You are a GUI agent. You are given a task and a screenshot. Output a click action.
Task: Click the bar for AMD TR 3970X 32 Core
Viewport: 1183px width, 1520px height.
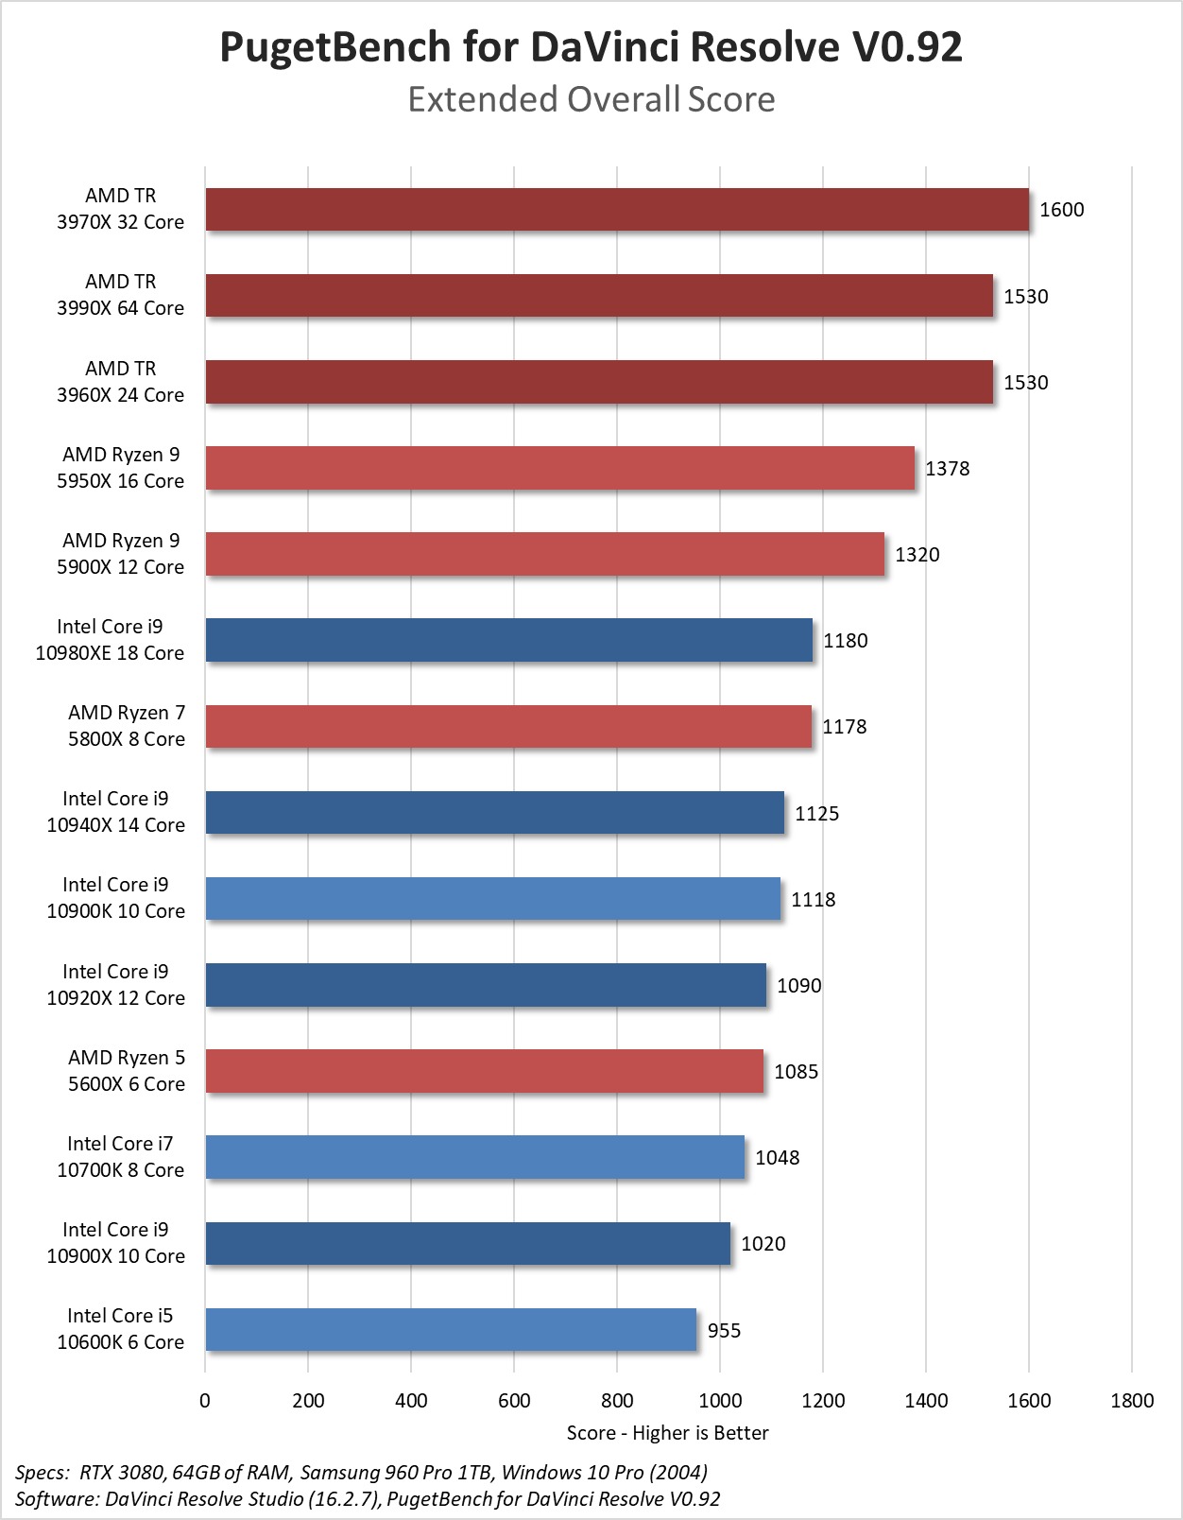616,209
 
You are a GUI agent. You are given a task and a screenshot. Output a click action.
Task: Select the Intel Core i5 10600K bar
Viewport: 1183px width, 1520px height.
451,1329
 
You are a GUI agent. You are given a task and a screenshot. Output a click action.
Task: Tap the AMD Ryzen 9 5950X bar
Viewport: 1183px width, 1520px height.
559,468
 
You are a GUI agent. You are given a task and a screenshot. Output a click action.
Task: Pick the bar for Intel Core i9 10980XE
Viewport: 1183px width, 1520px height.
508,640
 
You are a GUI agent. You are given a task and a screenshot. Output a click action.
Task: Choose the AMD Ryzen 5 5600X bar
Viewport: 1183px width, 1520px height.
484,1071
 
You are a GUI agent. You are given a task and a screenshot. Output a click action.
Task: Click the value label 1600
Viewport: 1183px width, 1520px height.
1061,210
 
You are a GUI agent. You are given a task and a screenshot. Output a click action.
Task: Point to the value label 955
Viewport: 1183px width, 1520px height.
724,1331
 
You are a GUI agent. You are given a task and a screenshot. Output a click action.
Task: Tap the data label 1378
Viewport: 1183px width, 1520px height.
947,469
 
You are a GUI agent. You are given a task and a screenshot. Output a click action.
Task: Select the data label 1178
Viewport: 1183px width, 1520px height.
844,727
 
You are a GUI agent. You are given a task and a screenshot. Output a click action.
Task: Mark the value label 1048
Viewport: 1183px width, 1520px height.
777,1158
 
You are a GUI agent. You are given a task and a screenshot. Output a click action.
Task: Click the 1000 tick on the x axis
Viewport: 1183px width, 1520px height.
720,1401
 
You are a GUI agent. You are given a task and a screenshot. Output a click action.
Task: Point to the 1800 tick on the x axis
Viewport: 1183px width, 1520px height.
1132,1401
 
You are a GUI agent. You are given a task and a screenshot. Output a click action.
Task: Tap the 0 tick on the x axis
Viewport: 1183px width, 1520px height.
205,1401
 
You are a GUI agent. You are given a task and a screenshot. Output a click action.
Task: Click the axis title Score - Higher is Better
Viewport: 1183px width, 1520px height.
667,1433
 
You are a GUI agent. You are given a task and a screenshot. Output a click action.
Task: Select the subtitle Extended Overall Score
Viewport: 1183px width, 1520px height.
591,99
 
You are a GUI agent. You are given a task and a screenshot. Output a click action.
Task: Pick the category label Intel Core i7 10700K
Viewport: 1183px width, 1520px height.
120,1157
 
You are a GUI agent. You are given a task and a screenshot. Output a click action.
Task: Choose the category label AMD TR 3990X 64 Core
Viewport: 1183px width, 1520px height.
120,295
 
